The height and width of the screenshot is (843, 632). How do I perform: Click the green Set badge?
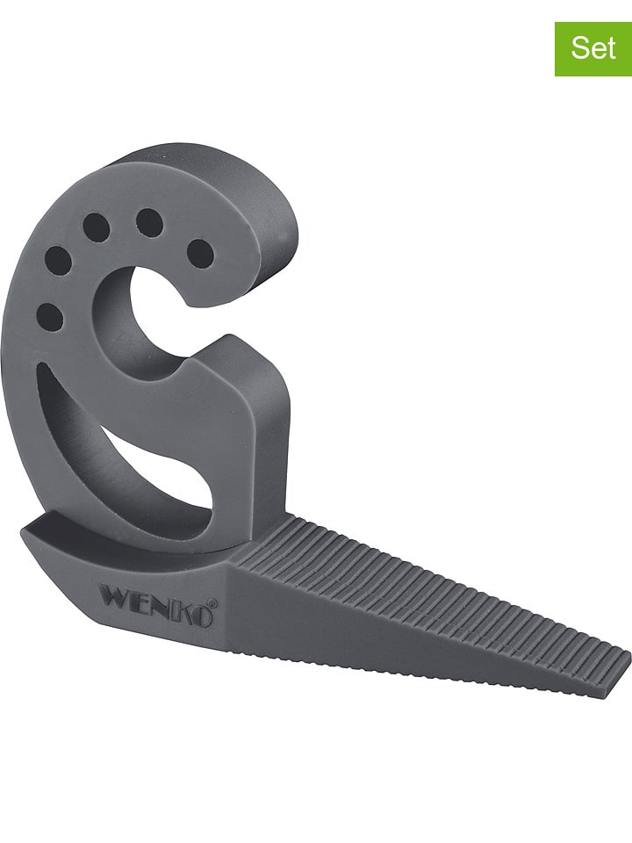[592, 47]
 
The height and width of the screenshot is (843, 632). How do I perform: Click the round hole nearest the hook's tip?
[201, 254]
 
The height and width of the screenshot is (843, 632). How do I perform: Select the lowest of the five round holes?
[50, 317]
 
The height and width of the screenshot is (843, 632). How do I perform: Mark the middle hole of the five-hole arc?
[96, 227]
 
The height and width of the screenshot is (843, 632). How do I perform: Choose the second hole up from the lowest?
[57, 260]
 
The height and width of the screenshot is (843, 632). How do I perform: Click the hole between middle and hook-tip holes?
[149, 223]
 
